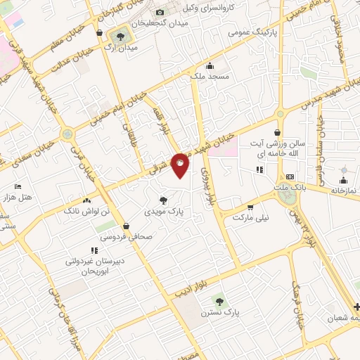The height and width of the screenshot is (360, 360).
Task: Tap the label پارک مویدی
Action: pyautogui.click(x=163, y=211)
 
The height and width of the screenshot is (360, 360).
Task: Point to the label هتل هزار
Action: pyautogui.click(x=17, y=198)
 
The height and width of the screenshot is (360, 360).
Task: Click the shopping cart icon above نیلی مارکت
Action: pyautogui.click(x=250, y=207)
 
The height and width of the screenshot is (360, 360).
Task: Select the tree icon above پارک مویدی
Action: pyautogui.click(x=163, y=200)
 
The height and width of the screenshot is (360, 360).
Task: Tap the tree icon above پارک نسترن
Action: pyautogui.click(x=219, y=300)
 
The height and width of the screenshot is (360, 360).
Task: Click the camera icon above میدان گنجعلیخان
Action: pyautogui.click(x=160, y=13)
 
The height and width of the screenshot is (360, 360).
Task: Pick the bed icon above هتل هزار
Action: pyautogui.click(x=17, y=186)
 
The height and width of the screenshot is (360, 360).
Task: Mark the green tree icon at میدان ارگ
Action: pyautogui.click(x=124, y=34)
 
